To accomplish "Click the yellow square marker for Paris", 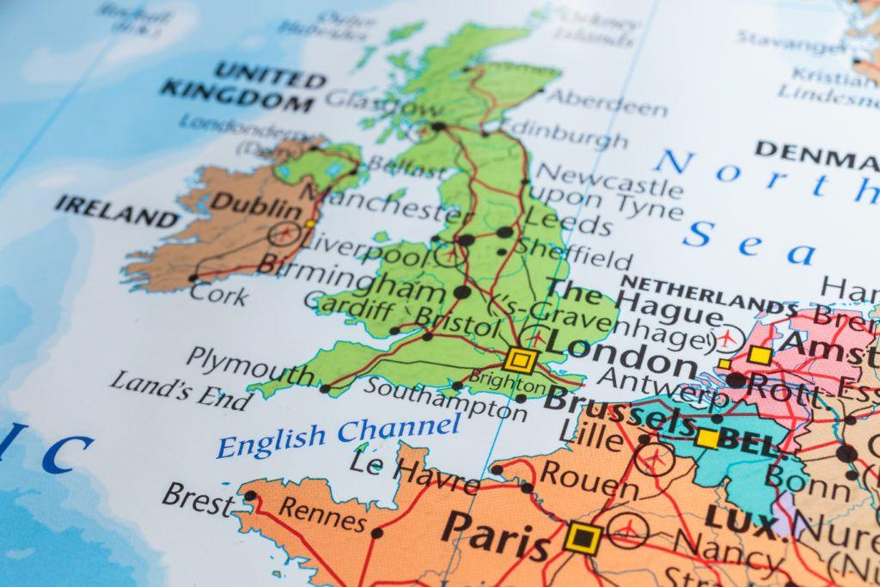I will pyautogui.click(x=584, y=538).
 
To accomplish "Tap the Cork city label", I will pyautogui.click(x=219, y=294).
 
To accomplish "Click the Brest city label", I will pyautogui.click(x=197, y=498).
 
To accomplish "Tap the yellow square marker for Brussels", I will pyautogui.click(x=707, y=438).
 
